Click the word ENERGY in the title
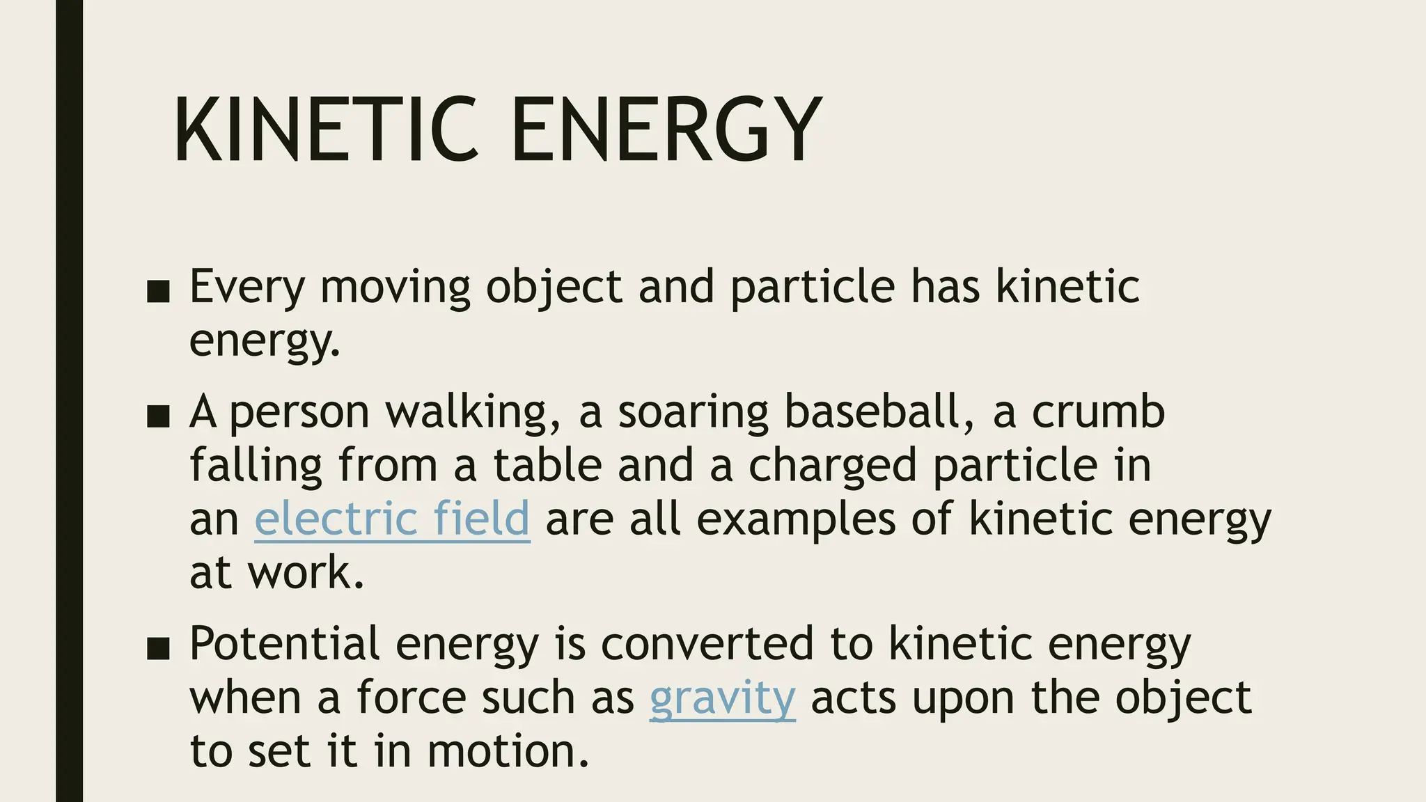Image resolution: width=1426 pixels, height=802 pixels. [666, 130]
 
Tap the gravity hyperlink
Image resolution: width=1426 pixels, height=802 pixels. [722, 698]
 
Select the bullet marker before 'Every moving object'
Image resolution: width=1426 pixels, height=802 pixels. [159, 292]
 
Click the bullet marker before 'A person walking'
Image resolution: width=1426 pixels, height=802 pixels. [159, 416]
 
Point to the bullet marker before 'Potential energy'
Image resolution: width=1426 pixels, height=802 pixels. [159, 649]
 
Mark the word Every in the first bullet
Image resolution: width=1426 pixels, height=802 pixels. [247, 288]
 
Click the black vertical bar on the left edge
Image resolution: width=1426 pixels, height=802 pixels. [69, 401]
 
